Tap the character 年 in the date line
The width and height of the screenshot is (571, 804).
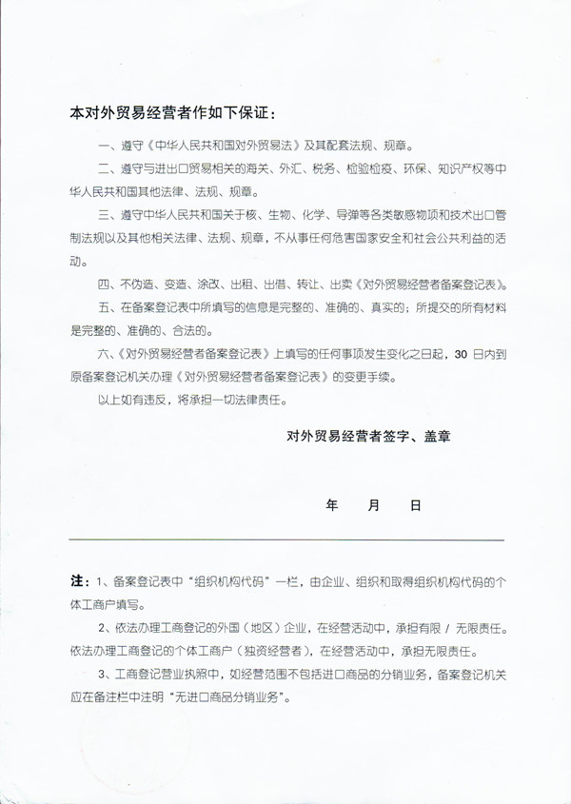point(332,506)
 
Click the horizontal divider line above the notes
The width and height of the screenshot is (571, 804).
point(286,539)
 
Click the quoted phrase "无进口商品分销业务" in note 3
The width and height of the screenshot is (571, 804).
point(220,697)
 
